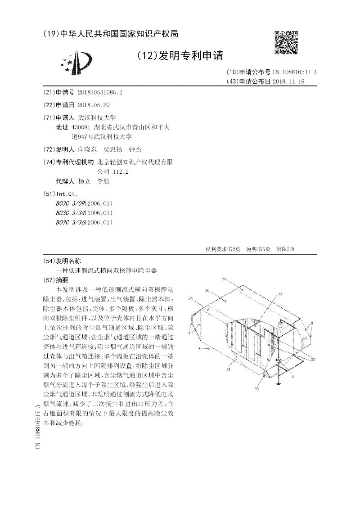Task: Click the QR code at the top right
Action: point(286,42)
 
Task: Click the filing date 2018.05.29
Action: point(94,105)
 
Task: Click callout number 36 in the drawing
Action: point(224,279)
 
